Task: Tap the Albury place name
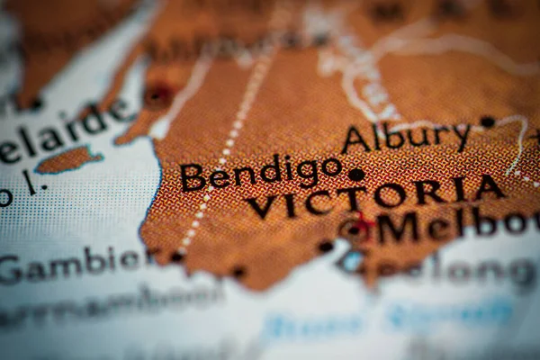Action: pos(407,137)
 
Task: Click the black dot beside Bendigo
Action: pos(356,175)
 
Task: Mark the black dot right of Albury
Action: pos(488,121)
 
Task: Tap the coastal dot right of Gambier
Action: pos(177,257)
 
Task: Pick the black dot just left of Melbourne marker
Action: pos(326,246)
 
